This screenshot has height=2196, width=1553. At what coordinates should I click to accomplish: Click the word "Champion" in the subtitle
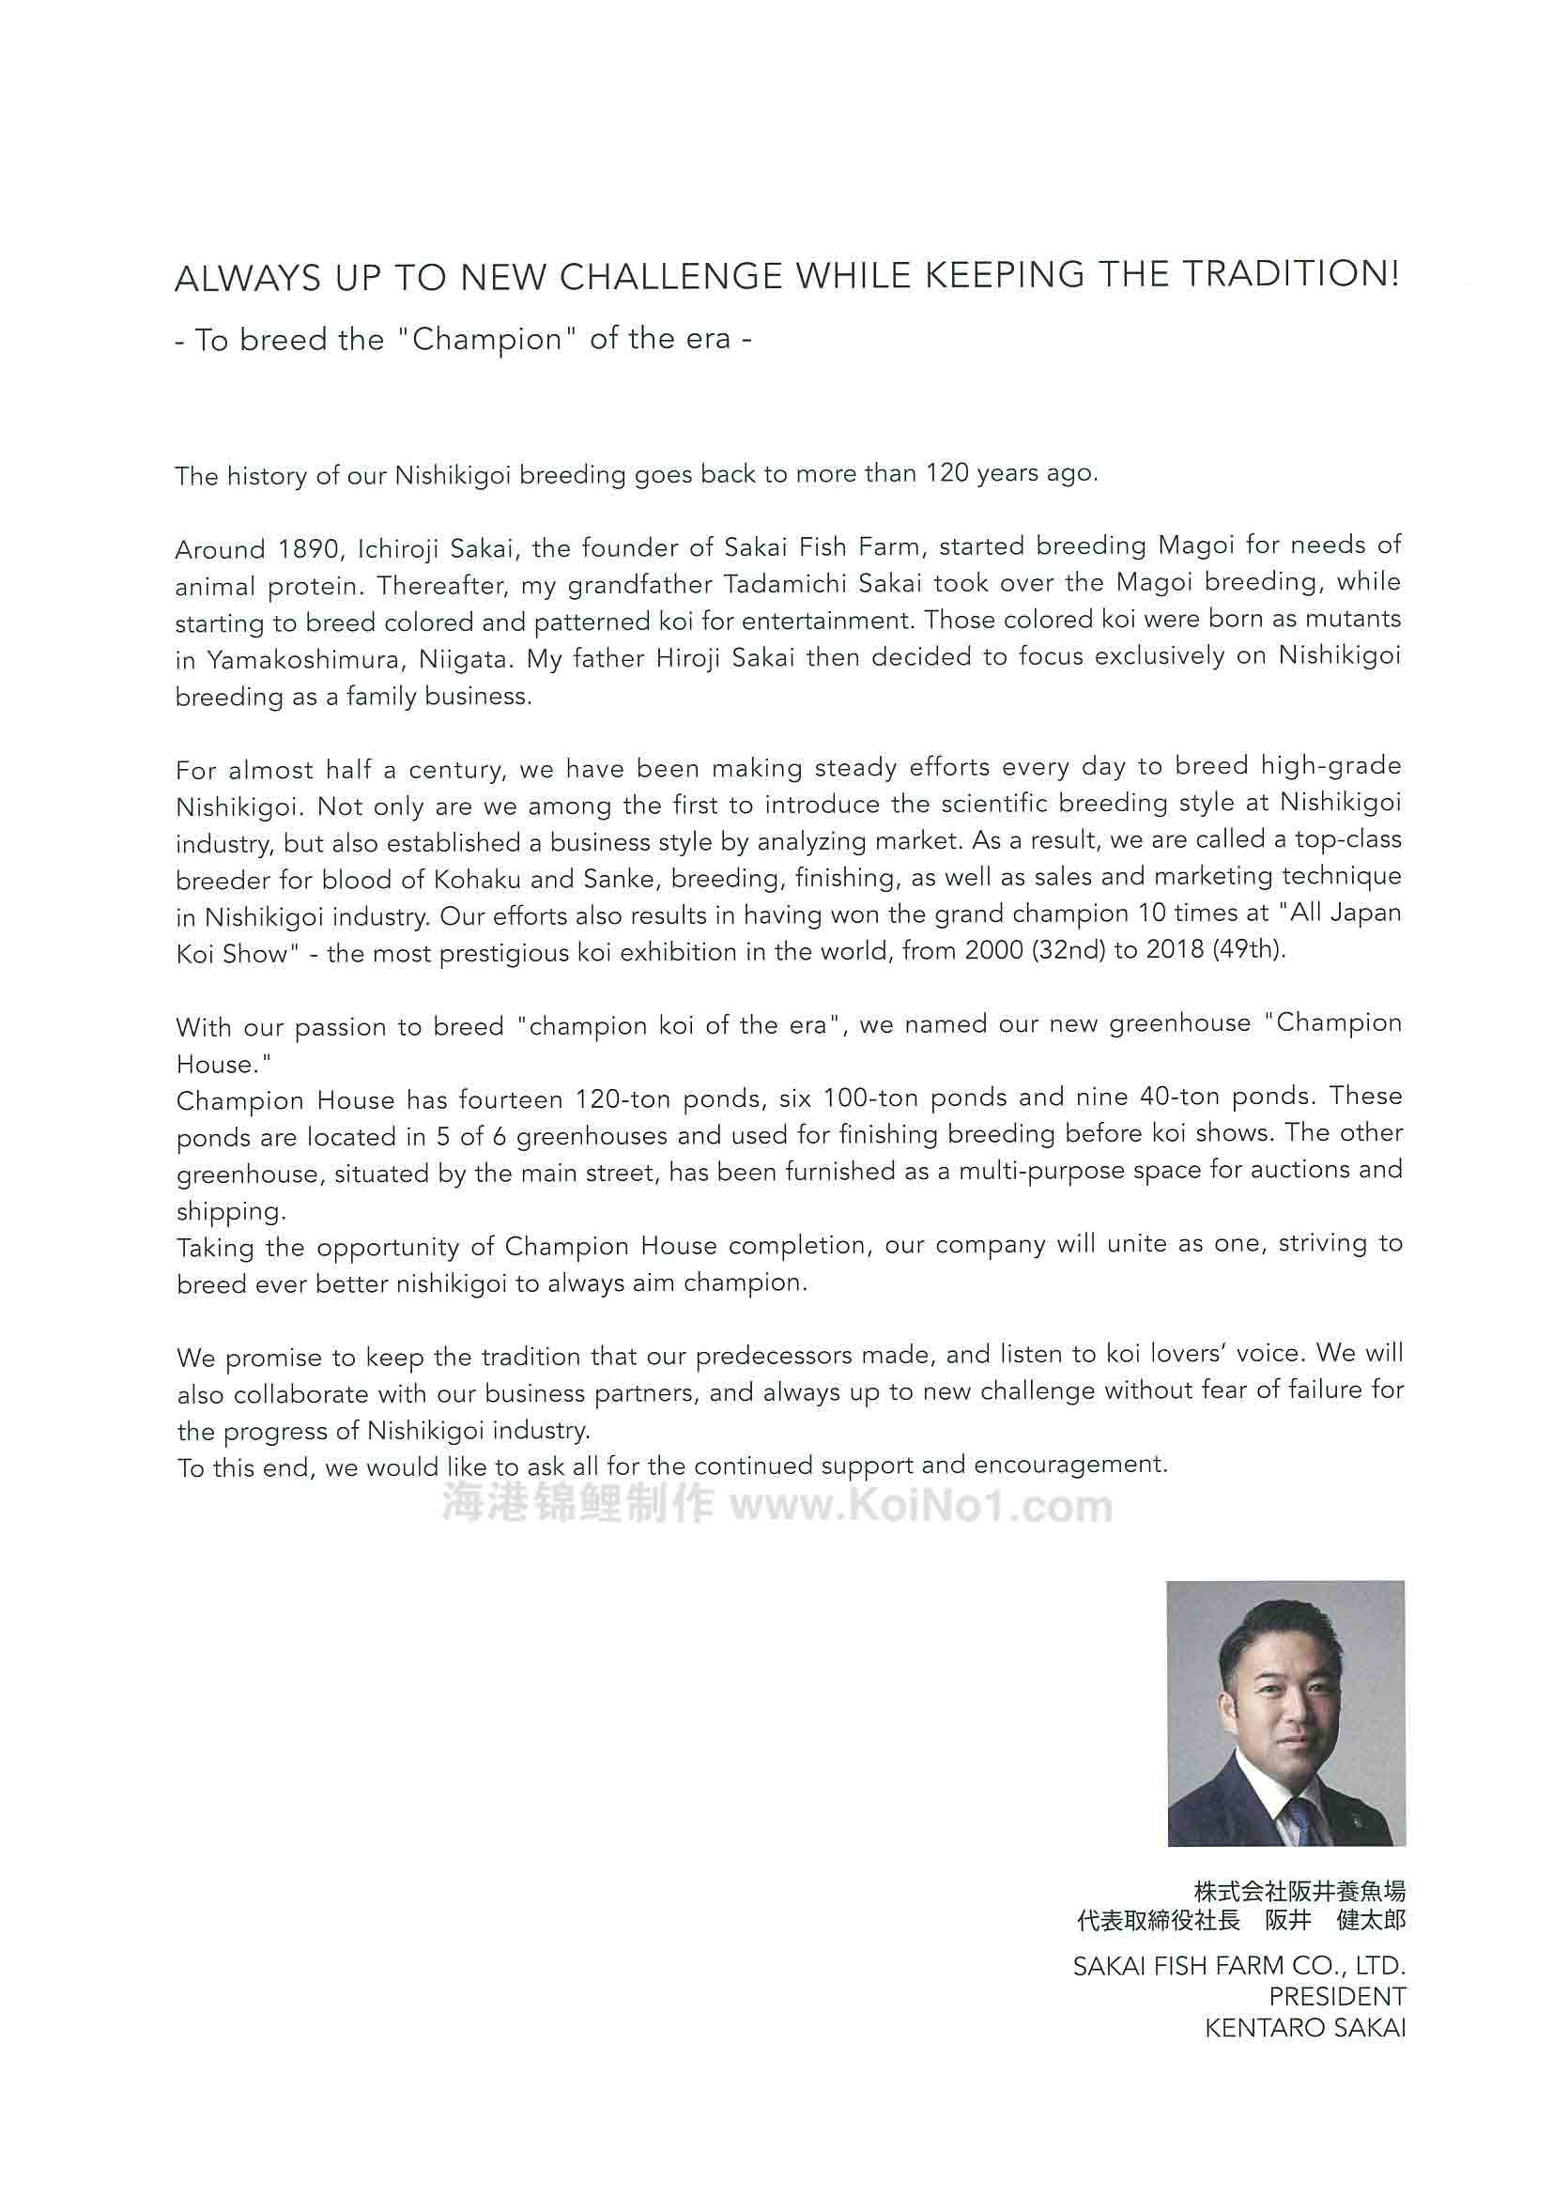pos(486,340)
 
